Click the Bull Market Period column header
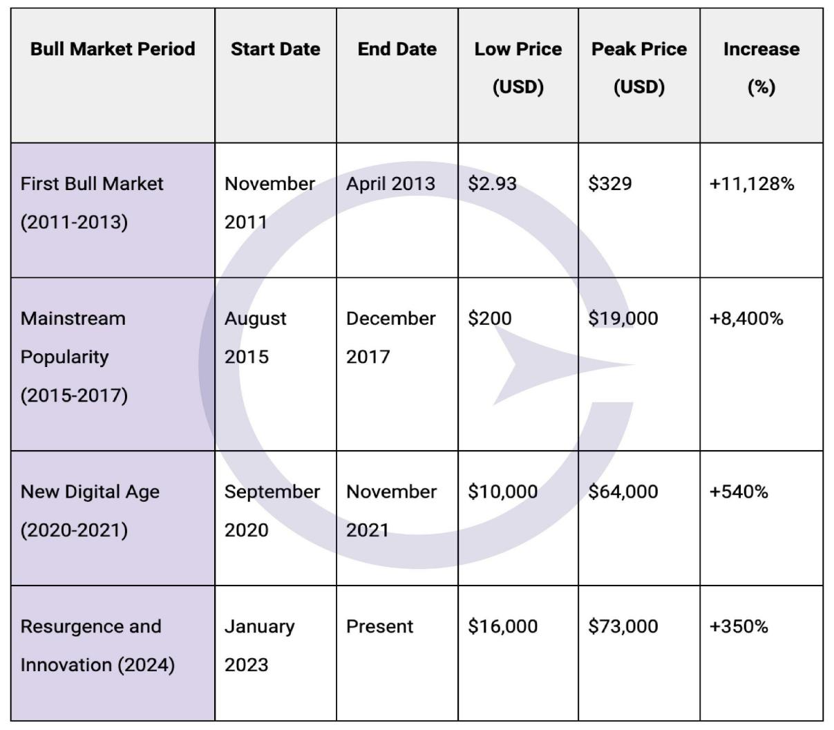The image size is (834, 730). click(x=113, y=49)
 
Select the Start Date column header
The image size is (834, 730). click(x=275, y=49)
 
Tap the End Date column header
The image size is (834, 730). click(x=397, y=49)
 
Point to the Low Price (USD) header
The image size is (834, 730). click(x=518, y=68)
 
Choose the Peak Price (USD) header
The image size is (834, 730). click(x=639, y=68)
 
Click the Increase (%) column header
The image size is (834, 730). click(x=761, y=68)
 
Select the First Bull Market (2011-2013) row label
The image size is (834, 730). click(x=92, y=203)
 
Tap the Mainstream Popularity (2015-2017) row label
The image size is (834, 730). click(x=74, y=357)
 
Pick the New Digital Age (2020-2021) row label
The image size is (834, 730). click(x=90, y=511)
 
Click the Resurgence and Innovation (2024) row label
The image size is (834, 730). click(x=97, y=645)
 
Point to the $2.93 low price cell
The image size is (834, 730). click(x=492, y=184)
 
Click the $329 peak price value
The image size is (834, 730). click(x=609, y=184)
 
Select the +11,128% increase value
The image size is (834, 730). click(x=752, y=184)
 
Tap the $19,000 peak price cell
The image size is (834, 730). click(x=623, y=319)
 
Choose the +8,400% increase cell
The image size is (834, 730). click(x=746, y=319)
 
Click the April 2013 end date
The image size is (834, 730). click(x=390, y=184)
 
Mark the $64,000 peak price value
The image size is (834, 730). click(x=623, y=492)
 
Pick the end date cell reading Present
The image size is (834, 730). click(x=379, y=626)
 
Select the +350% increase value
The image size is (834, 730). click(x=739, y=626)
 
